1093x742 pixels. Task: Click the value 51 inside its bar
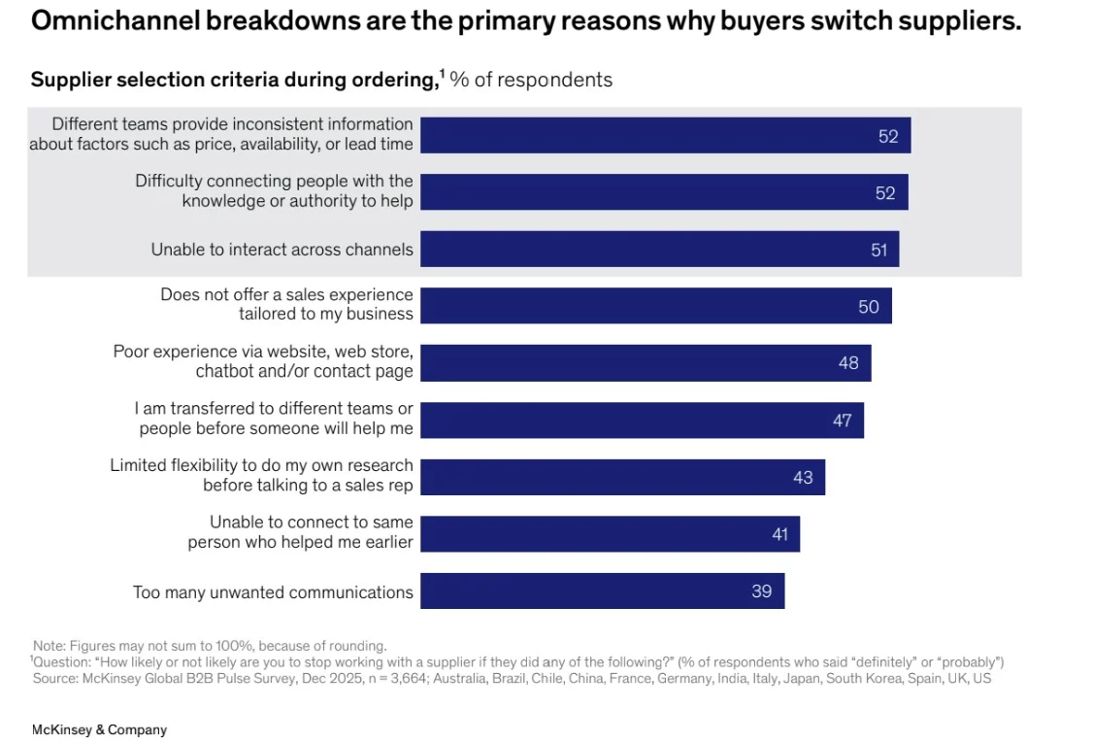click(x=879, y=250)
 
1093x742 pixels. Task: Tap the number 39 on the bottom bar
click(x=761, y=591)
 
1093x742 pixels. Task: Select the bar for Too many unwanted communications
click(x=602, y=590)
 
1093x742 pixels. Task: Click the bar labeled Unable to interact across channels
click(x=659, y=249)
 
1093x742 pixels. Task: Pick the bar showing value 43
click(x=622, y=477)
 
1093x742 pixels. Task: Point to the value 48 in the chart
click(x=848, y=362)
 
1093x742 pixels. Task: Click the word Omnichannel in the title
click(x=115, y=21)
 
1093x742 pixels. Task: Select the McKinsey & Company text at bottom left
click(x=99, y=729)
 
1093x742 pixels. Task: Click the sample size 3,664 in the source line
click(x=409, y=679)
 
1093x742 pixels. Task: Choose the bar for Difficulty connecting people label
click(x=664, y=191)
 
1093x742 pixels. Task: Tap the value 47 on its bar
click(x=842, y=421)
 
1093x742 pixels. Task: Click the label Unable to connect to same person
click(x=301, y=532)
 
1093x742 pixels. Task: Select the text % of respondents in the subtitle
click(x=531, y=80)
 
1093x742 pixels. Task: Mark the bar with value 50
click(x=656, y=306)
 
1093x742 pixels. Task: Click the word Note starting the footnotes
click(x=49, y=646)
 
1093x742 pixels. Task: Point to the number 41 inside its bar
click(x=780, y=534)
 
